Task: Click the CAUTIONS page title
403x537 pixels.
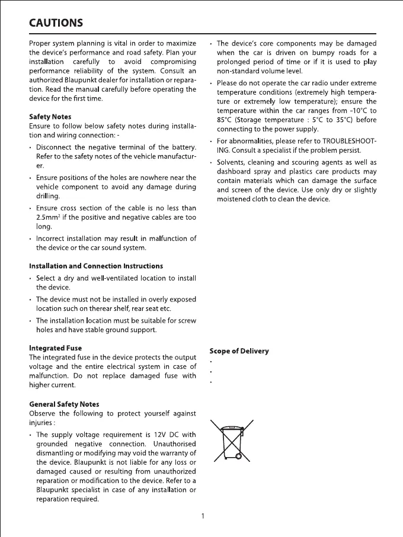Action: point(56,23)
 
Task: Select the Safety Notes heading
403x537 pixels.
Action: point(50,117)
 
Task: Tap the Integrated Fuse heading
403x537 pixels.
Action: point(55,348)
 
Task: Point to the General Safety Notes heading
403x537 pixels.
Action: point(64,404)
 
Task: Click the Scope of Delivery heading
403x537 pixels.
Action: point(239,351)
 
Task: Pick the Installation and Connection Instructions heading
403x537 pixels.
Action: point(96,266)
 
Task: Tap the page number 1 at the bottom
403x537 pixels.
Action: point(203,516)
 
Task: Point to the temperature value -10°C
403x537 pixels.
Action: point(348,110)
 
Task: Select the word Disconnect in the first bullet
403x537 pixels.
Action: point(56,147)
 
